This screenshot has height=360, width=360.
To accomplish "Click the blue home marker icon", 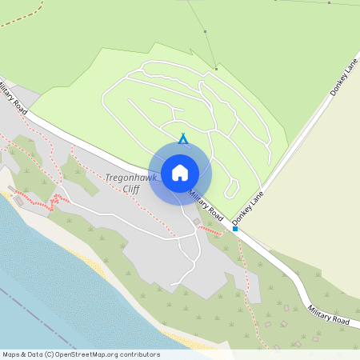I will click(x=180, y=172).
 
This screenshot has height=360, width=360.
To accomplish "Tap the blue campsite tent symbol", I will click(x=182, y=139).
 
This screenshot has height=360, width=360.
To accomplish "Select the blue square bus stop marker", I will click(x=235, y=229).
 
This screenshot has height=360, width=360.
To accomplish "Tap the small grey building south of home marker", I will click(x=197, y=222).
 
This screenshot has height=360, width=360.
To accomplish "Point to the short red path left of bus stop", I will click(x=210, y=230).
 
